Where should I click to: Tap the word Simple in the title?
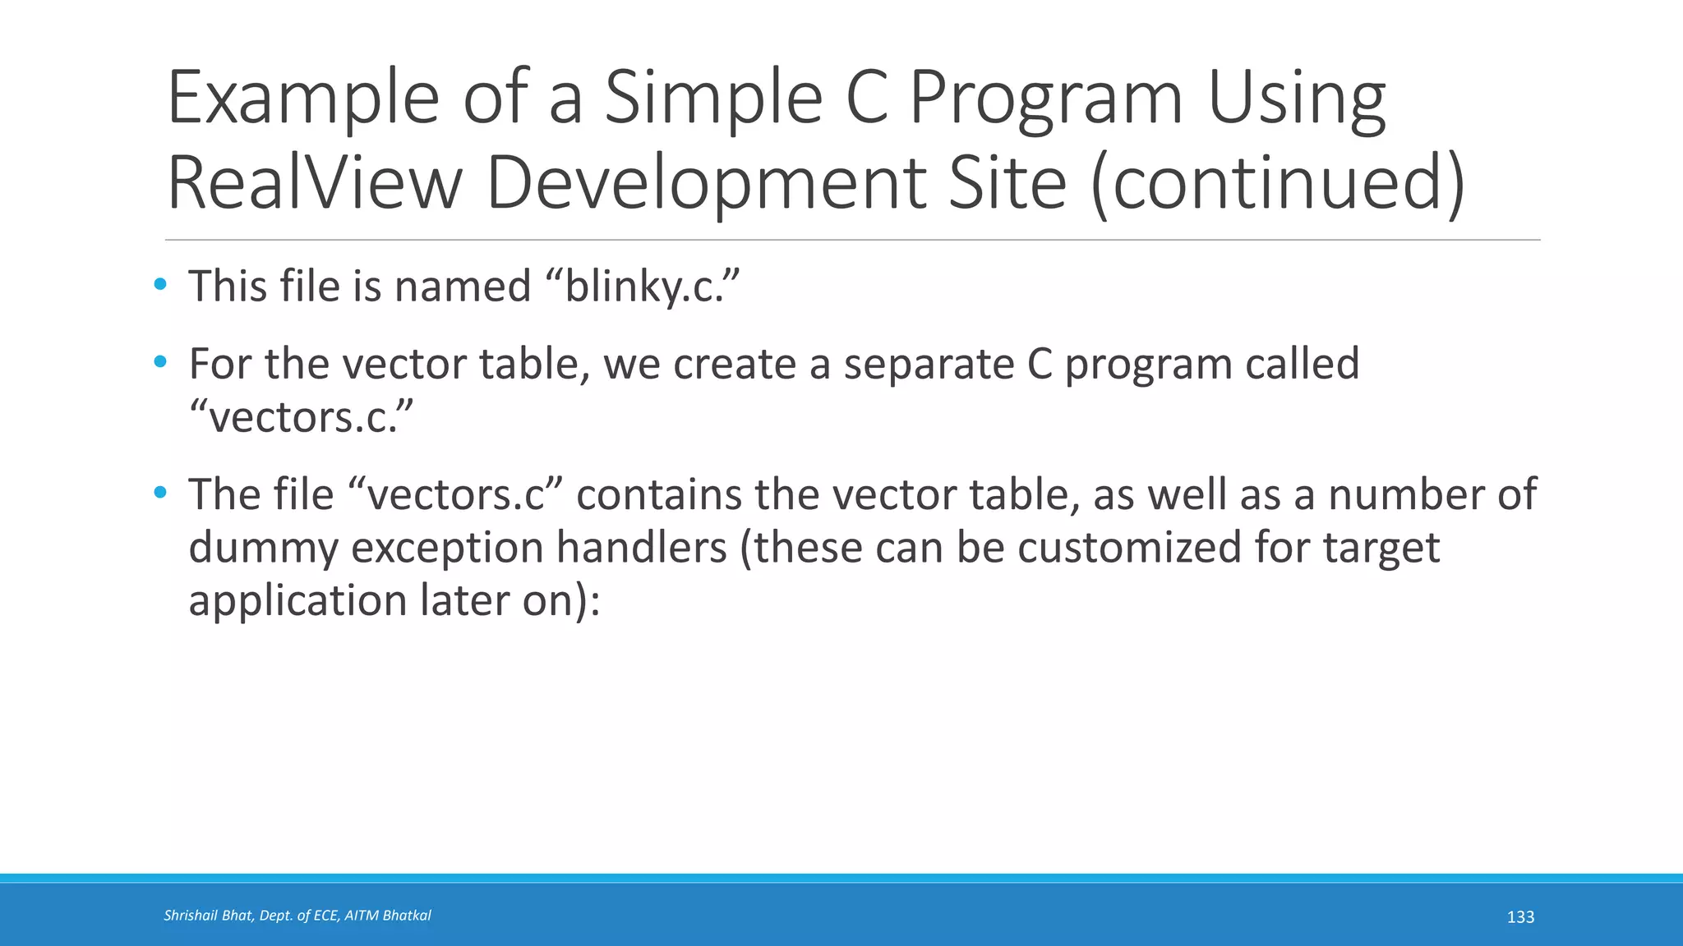pos(713,99)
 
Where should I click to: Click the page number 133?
pos(1520,917)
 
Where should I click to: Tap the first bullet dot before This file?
pos(160,285)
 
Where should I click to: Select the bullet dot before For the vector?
pos(160,361)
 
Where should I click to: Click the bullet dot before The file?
pos(160,493)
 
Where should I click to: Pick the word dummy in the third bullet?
pos(263,548)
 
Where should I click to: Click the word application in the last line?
pos(297,600)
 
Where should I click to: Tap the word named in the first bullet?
pos(463,287)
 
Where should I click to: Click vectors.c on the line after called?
pos(301,417)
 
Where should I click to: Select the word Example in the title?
pos(302,99)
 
